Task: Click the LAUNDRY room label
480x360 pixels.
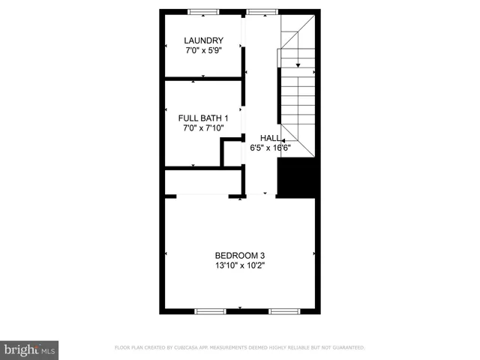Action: click(x=204, y=40)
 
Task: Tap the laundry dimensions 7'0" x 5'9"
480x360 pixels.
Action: click(x=204, y=51)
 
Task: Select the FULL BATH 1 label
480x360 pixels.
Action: click(x=203, y=118)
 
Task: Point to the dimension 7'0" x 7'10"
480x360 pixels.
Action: click(x=203, y=128)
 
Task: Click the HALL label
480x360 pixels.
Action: click(x=270, y=138)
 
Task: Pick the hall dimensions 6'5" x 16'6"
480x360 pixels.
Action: click(x=270, y=148)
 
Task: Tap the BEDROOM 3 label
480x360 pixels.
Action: click(x=239, y=255)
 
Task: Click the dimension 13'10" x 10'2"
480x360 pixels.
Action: click(x=239, y=265)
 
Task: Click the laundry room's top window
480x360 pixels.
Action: click(x=203, y=11)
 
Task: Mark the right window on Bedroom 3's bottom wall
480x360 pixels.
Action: click(x=284, y=310)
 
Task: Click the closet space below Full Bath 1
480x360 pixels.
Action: click(x=202, y=181)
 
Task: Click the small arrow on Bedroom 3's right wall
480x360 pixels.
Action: click(x=313, y=254)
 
